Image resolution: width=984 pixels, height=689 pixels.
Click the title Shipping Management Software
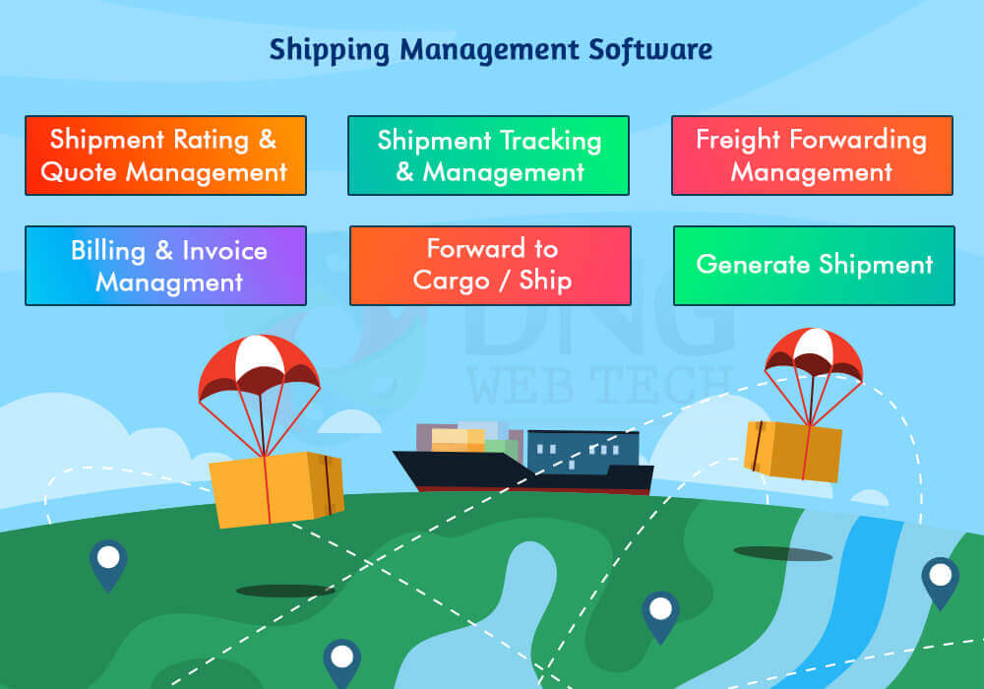[491, 49]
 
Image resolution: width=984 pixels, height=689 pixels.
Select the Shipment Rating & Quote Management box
[165, 156]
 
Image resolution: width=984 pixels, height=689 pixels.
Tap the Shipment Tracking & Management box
[488, 156]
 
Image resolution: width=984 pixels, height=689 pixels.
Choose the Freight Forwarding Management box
[812, 156]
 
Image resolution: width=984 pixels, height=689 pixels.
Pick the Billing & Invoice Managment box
[165, 266]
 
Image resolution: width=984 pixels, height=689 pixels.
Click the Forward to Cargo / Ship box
[490, 266]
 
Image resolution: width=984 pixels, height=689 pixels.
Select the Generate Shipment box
[814, 266]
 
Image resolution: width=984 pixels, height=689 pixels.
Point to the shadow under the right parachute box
[783, 553]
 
